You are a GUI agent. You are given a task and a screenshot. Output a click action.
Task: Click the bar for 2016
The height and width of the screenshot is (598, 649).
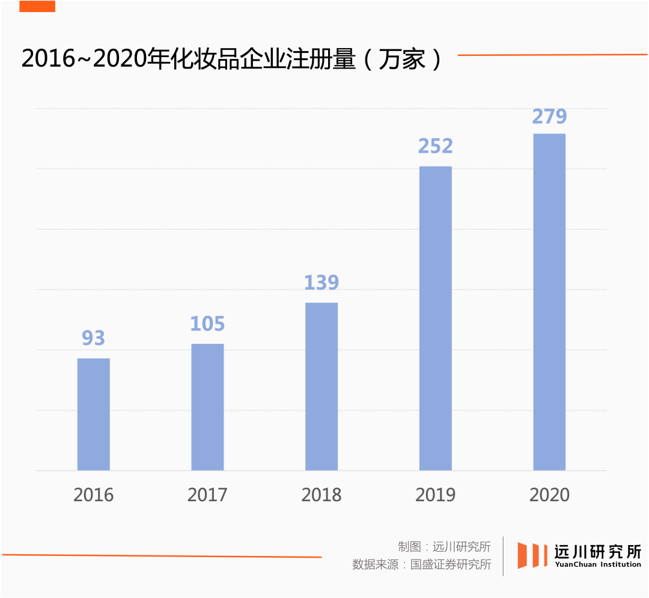tap(93, 414)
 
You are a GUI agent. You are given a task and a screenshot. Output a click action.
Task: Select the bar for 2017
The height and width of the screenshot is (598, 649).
tap(207, 407)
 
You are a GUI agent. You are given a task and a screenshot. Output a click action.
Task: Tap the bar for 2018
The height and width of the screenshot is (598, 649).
tap(321, 386)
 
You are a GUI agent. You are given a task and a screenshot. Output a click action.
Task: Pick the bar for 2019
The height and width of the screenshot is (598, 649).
tap(435, 318)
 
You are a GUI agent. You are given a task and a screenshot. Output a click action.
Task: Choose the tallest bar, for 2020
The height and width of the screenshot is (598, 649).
tap(549, 302)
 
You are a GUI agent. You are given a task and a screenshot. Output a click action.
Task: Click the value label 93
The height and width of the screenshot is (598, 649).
tap(93, 338)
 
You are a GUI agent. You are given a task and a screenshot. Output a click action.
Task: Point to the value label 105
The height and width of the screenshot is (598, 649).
tap(207, 324)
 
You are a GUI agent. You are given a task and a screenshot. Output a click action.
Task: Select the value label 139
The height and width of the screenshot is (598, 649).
tap(321, 282)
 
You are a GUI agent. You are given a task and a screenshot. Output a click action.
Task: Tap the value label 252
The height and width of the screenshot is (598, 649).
tap(435, 146)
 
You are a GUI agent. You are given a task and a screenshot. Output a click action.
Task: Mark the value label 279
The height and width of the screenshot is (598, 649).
tap(549, 116)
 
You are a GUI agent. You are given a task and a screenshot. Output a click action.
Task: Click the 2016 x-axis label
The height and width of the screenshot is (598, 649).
tap(93, 495)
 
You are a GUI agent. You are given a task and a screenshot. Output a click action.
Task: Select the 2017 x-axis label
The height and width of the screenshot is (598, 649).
tap(207, 495)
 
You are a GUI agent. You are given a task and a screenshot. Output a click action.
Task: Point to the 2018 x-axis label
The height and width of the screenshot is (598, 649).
tap(321, 495)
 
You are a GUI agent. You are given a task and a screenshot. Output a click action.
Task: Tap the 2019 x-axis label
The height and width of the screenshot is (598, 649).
tap(435, 495)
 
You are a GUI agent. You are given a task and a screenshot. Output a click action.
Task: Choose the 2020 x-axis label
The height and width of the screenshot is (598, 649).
tap(549, 495)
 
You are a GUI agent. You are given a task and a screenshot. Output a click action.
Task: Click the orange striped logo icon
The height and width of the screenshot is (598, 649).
tap(531, 555)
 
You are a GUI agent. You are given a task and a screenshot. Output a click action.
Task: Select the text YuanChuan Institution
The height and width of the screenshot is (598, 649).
tap(597, 565)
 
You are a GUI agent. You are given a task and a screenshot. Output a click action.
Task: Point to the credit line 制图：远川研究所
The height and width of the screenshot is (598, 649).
tap(444, 547)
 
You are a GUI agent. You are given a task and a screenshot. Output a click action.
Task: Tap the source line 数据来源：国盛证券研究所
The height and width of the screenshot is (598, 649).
tap(422, 565)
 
